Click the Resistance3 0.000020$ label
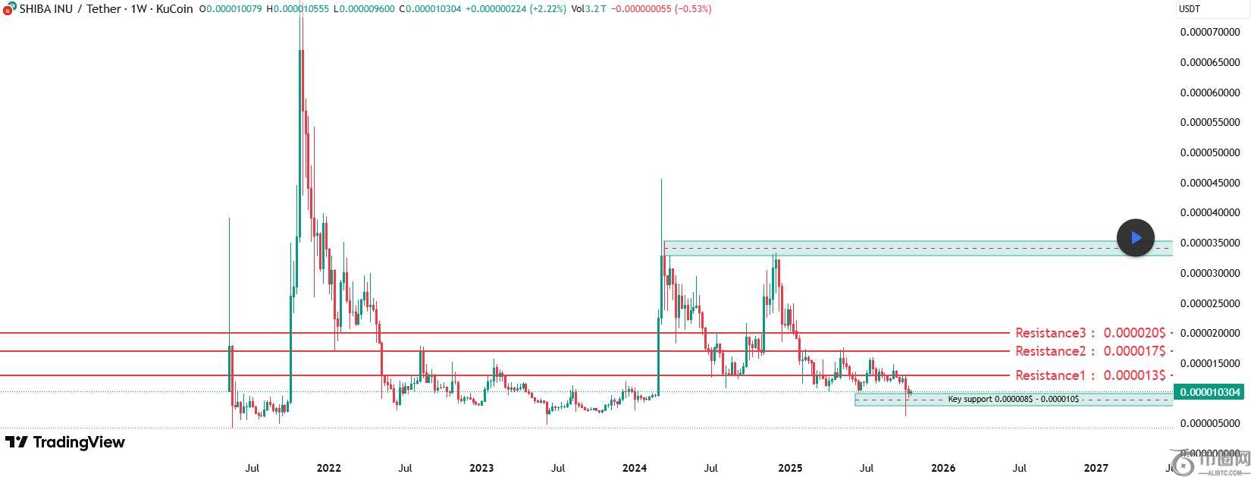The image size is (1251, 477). coord(1093,333)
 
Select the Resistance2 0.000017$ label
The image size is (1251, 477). coord(1093,351)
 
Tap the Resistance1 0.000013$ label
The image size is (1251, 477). coord(1093,375)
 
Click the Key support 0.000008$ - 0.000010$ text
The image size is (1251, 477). coord(1013,399)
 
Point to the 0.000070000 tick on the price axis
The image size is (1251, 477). coord(1210,33)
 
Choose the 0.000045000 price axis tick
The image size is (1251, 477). coord(1210,183)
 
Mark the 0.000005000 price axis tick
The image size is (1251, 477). coord(1210,423)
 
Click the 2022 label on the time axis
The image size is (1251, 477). coord(328,468)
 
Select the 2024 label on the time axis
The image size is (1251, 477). coord(635,468)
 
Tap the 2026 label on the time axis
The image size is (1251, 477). coord(942,468)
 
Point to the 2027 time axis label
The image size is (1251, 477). coord(1096,468)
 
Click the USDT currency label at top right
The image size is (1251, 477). coord(1189,9)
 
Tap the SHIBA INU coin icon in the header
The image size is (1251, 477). coord(8,8)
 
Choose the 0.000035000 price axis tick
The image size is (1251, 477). coord(1210,243)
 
